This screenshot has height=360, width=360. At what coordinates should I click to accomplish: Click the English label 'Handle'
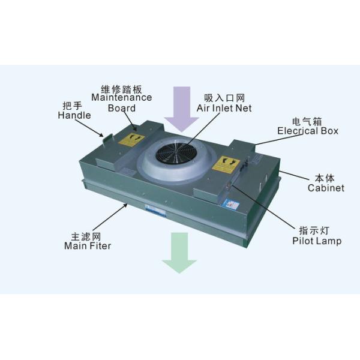74,115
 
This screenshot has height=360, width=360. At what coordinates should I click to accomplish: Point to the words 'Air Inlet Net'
224,108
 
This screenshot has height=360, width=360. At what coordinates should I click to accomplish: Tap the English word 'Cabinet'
326,188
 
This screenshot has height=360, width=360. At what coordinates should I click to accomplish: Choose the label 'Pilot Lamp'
317,241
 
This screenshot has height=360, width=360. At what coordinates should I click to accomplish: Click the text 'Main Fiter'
88,245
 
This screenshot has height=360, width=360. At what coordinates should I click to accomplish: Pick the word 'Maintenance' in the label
122,97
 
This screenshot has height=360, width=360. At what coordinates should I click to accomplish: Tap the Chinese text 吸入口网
224,98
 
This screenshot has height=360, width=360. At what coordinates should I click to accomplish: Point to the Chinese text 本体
325,178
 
